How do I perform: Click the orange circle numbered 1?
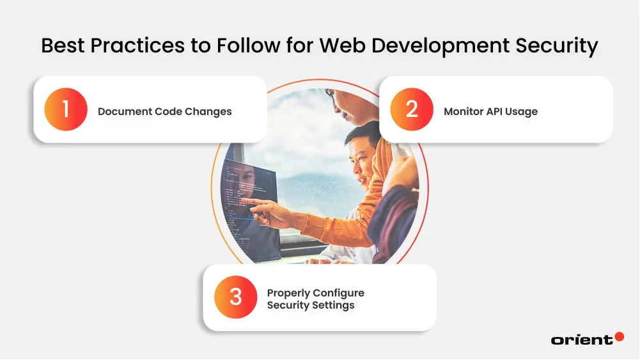click(65, 109)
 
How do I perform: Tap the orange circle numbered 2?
click(412, 109)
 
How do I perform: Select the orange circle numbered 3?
click(236, 297)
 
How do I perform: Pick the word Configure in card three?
click(341, 293)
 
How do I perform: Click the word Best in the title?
click(61, 46)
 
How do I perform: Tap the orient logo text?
click(581, 340)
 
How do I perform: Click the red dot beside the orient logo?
click(618, 336)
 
